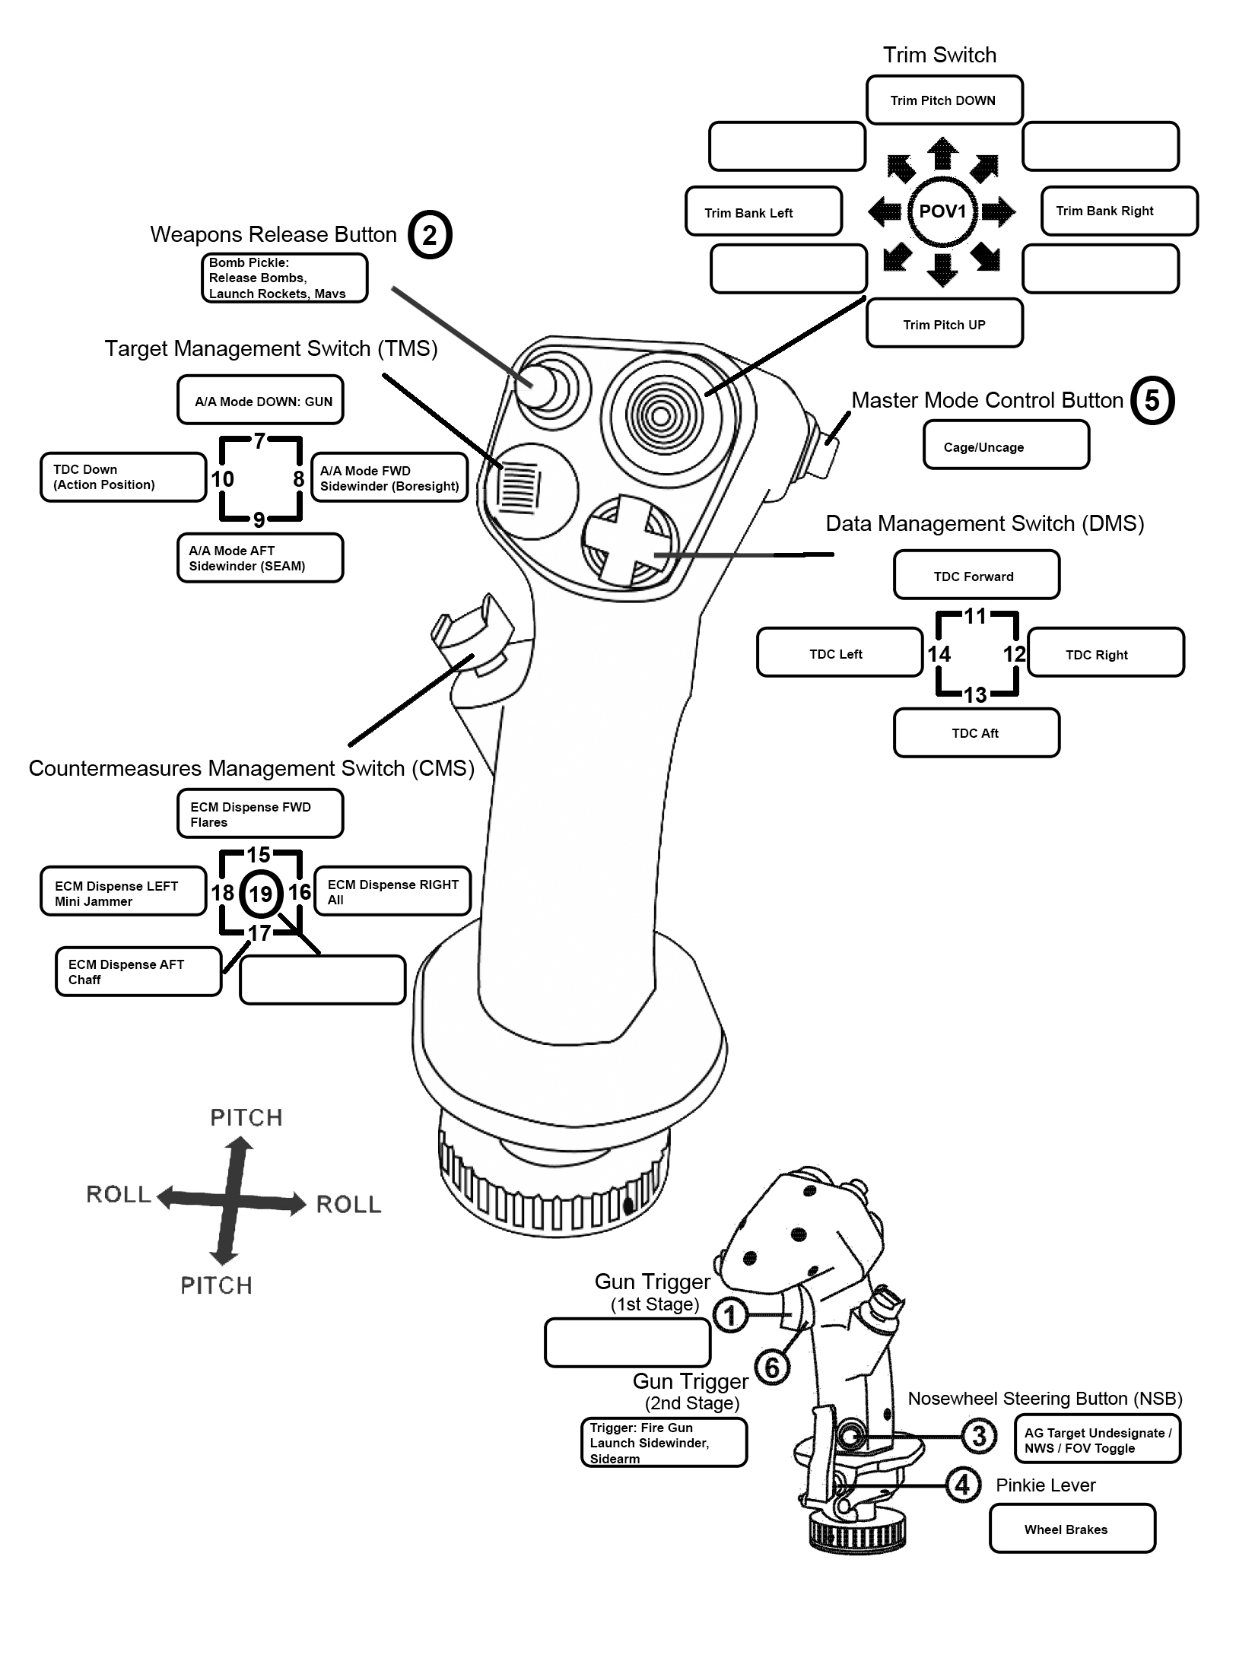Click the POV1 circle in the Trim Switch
942,211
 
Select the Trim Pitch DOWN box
944,100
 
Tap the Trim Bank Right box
1119,211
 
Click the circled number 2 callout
430,235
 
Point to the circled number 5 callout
1152,400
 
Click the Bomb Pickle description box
284,278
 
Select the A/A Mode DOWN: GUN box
260,399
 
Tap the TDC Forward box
977,575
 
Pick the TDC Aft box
977,732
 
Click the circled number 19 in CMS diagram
261,893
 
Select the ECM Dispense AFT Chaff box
138,971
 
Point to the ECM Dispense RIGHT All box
392,891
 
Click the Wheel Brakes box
1072,1528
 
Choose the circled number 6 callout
773,1367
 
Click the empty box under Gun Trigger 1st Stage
628,1342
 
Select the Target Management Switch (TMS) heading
271,348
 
